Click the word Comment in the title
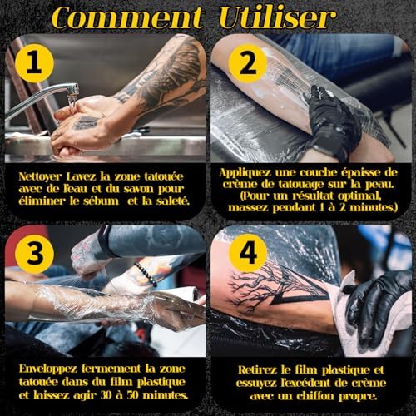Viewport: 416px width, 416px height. pos(127,17)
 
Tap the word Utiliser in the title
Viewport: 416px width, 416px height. pos(277,17)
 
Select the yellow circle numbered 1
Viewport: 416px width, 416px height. pos(34,63)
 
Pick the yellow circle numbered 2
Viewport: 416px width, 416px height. pos(248,64)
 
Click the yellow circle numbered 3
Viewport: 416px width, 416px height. pos(34,254)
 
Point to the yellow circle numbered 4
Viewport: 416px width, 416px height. pos(248,253)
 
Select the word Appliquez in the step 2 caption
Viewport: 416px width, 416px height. pos(245,173)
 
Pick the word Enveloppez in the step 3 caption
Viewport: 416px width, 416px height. pos(48,369)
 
